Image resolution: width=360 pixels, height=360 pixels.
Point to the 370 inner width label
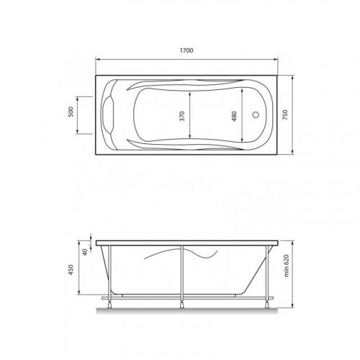(184, 114)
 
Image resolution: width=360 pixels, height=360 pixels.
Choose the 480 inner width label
(234, 114)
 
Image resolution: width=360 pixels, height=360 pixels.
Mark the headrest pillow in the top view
(112, 114)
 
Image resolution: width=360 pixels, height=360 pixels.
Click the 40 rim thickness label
(84, 251)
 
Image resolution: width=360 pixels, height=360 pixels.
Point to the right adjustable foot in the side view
(267, 302)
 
